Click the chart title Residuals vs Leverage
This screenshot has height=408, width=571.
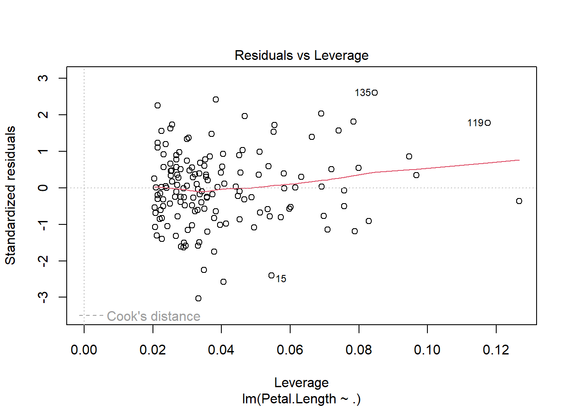click(x=301, y=55)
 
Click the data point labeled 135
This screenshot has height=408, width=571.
click(x=375, y=93)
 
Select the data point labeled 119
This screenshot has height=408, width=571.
click(x=488, y=123)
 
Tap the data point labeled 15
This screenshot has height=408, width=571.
click(x=271, y=275)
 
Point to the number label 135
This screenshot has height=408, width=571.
click(x=363, y=93)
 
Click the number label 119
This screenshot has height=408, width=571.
click(x=475, y=123)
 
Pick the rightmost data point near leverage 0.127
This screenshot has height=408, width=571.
click(x=519, y=201)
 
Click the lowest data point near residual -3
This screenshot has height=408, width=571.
click(x=198, y=298)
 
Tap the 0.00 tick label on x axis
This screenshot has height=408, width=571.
click(x=84, y=350)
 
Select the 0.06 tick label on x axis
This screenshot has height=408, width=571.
click(x=290, y=350)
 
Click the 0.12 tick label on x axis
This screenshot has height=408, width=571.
click(x=496, y=350)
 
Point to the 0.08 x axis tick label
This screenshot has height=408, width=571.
click(x=359, y=350)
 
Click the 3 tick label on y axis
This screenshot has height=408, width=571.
click(x=43, y=78)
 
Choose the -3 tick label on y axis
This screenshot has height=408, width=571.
click(x=43, y=297)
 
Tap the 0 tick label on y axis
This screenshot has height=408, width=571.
click(x=43, y=188)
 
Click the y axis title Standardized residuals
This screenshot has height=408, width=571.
click(x=10, y=195)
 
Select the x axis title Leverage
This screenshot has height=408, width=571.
click(x=301, y=382)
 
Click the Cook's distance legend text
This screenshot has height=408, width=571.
click(x=153, y=316)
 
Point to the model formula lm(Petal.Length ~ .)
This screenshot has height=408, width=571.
click(x=301, y=399)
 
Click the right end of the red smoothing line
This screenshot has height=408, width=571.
click(x=519, y=160)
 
